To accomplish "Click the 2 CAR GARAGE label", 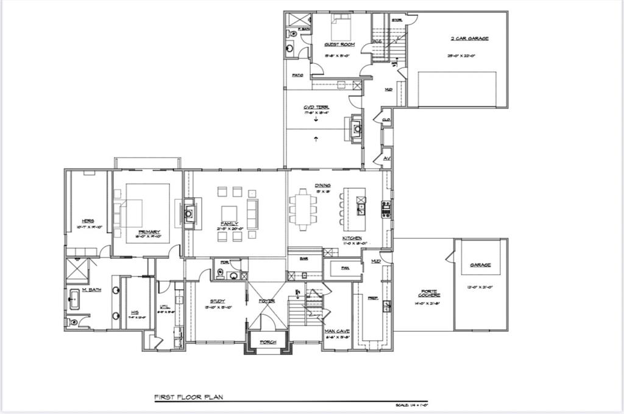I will tap(469, 38).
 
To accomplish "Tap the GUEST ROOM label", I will tap(336, 45).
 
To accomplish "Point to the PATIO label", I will tap(297, 75).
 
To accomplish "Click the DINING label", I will tap(322, 185).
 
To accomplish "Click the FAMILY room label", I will tap(230, 223).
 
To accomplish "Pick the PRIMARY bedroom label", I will tap(149, 232).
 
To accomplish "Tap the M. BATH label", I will tap(91, 290).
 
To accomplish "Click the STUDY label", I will tap(218, 301).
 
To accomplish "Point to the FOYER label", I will tap(266, 301).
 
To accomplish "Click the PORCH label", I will tap(268, 342).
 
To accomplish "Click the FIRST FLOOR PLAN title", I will tap(188, 397).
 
